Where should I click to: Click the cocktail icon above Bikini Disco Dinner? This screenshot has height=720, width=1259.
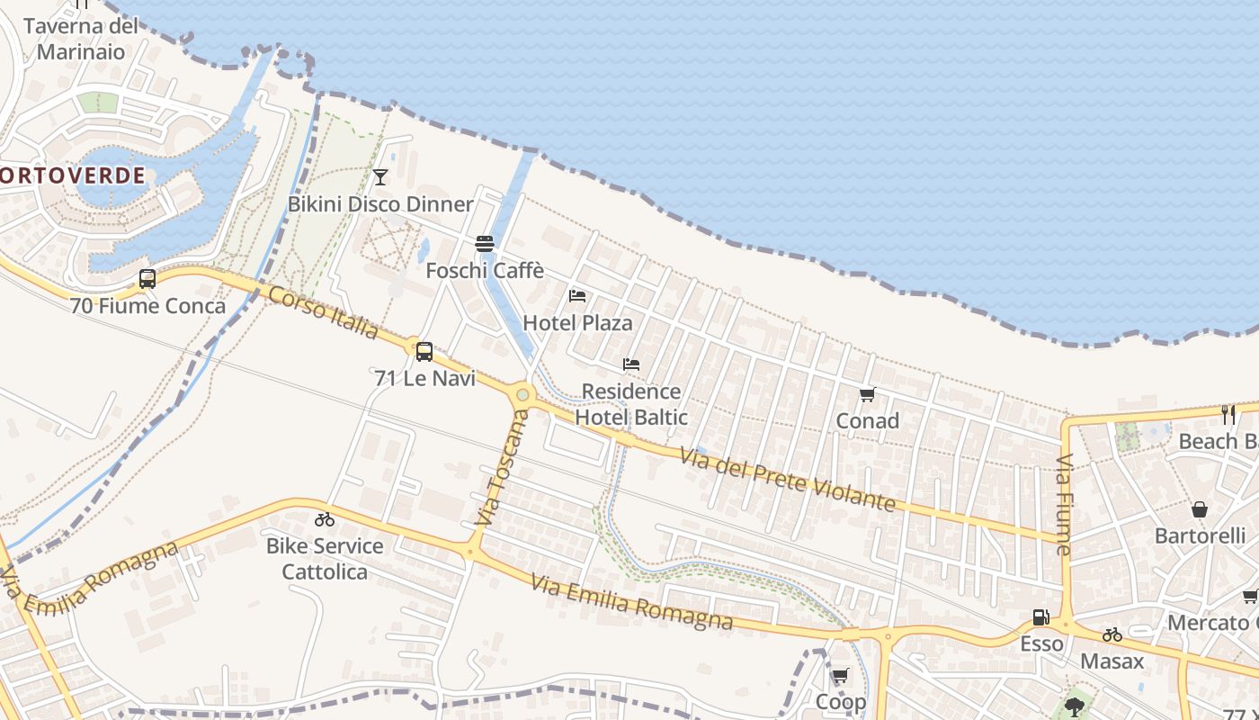coord(380,176)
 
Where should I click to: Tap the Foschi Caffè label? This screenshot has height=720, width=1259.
coord(485,270)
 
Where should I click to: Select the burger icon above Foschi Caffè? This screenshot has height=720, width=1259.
coord(485,243)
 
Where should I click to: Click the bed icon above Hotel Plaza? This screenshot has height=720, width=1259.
coord(577,295)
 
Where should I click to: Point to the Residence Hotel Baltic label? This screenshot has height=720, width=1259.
coord(631,404)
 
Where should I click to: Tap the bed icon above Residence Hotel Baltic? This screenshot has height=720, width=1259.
coord(631,364)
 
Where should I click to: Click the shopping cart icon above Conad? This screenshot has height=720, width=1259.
coord(868,394)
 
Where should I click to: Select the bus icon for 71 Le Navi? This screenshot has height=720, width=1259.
coord(424,352)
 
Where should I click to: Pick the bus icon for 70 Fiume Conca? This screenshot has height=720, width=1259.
coord(147,279)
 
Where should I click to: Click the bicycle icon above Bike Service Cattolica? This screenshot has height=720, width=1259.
coord(325,519)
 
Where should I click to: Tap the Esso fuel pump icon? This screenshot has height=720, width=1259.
coord(1040,617)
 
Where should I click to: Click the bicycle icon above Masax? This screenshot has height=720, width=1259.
coord(1112,634)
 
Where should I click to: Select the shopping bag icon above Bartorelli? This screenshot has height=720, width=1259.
coord(1200,509)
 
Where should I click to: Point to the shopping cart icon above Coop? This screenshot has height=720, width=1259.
coord(840,675)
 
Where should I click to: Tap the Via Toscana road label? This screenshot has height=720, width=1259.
coord(501,469)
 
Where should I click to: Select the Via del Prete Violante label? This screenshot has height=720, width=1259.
coord(789,481)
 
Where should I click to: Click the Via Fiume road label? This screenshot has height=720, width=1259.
coord(1064,505)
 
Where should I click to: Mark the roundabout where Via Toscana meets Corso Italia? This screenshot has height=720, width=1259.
coord(522,394)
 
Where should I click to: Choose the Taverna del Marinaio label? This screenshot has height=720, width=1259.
coord(81,39)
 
